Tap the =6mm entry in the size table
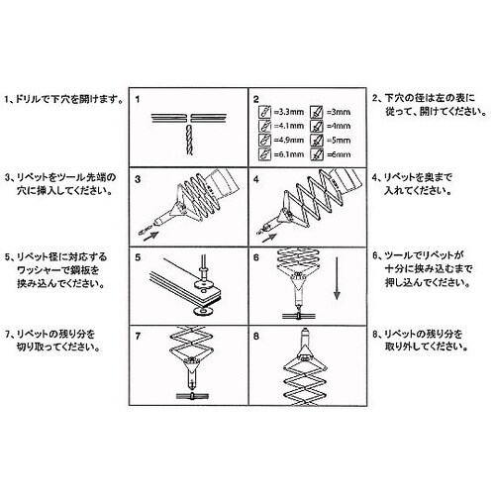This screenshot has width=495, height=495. click(339, 155)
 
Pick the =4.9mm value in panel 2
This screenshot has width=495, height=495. click(283, 142)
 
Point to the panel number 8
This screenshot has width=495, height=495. click(255, 336)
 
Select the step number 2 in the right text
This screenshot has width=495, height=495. click(374, 100)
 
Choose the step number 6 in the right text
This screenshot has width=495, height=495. click(374, 254)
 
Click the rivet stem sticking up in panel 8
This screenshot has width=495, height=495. click(306, 338)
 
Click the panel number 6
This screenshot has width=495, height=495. click(255, 256)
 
